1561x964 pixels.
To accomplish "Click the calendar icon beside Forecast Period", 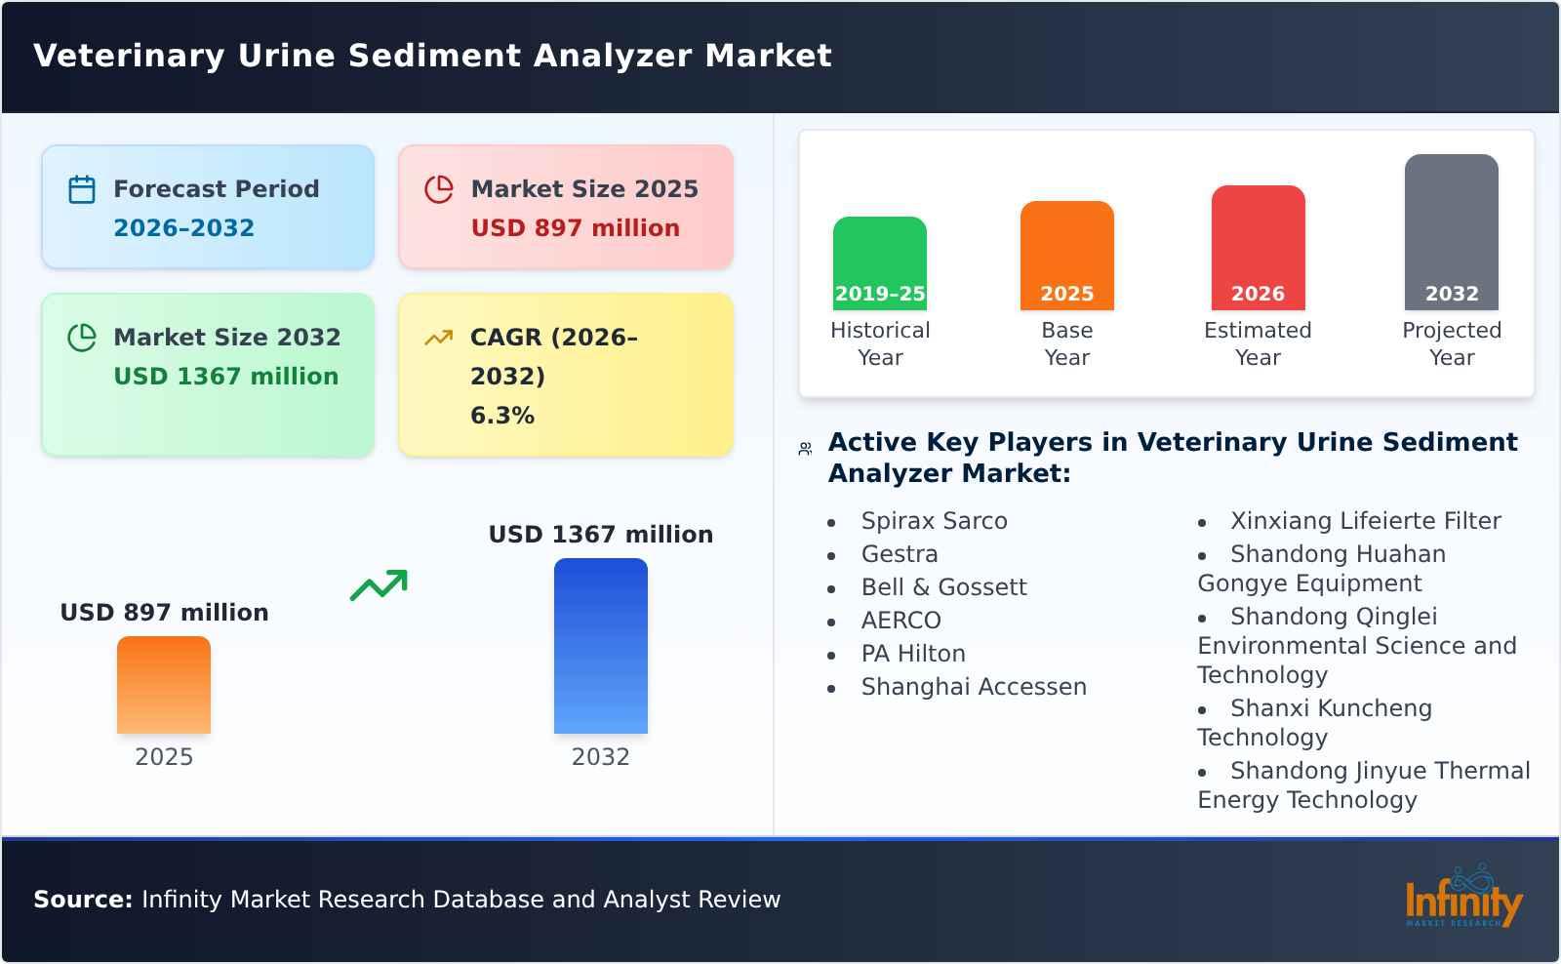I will [82, 189].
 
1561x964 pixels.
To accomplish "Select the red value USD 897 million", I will [575, 227].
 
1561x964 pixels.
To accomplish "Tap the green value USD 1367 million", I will [225, 376].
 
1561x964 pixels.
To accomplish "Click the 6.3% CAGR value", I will [501, 415].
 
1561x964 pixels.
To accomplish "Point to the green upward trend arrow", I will [379, 584].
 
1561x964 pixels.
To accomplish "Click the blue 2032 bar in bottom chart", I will [600, 645].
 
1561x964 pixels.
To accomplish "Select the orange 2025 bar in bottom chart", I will [164, 684].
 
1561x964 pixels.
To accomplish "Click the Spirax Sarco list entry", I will [934, 521].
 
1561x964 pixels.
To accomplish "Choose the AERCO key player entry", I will [901, 621].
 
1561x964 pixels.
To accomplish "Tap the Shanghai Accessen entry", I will [973, 687].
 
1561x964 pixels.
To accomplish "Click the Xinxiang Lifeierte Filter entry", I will [1364, 521].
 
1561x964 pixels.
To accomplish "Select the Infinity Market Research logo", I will [1461, 899].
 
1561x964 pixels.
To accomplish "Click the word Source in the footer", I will [82, 900].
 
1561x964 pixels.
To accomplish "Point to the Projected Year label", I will [1451, 343].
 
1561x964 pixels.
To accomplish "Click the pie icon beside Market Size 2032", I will [82, 338].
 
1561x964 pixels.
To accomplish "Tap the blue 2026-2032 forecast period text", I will [183, 227].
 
